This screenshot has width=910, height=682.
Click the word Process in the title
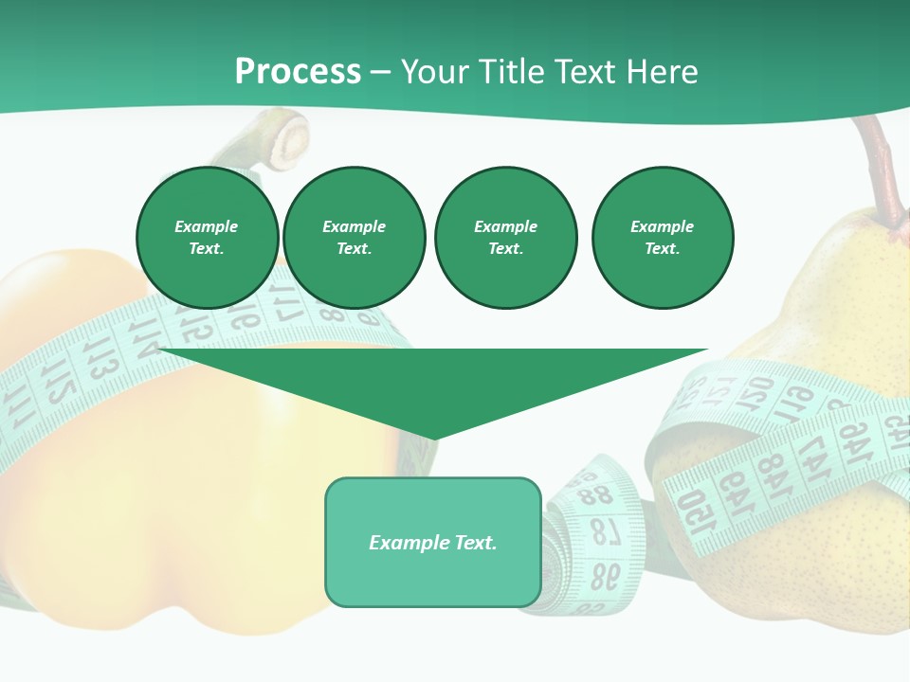pos(298,72)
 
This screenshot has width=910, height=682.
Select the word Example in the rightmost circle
pos(663,226)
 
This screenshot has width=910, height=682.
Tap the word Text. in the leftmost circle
pos(207,248)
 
